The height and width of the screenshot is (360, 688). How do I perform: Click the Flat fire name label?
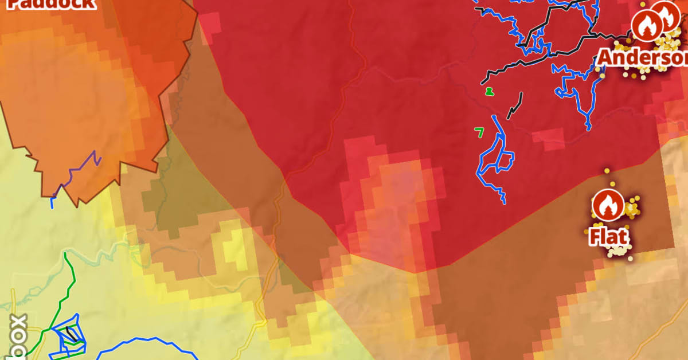pyautogui.click(x=608, y=237)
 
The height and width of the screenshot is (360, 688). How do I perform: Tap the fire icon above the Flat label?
pyautogui.click(x=608, y=205)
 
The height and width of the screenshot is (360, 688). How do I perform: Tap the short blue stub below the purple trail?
pyautogui.click(x=53, y=202)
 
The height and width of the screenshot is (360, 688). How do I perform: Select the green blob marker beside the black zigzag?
pyautogui.click(x=489, y=91)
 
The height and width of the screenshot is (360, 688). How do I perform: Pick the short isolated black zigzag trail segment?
pyautogui.click(x=515, y=107)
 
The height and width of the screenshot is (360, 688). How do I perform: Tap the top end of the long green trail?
pyautogui.click(x=65, y=254)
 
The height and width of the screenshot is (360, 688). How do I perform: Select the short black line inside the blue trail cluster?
pyautogui.click(x=71, y=332)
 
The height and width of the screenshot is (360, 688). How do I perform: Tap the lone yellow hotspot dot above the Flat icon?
pyautogui.click(x=607, y=171)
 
